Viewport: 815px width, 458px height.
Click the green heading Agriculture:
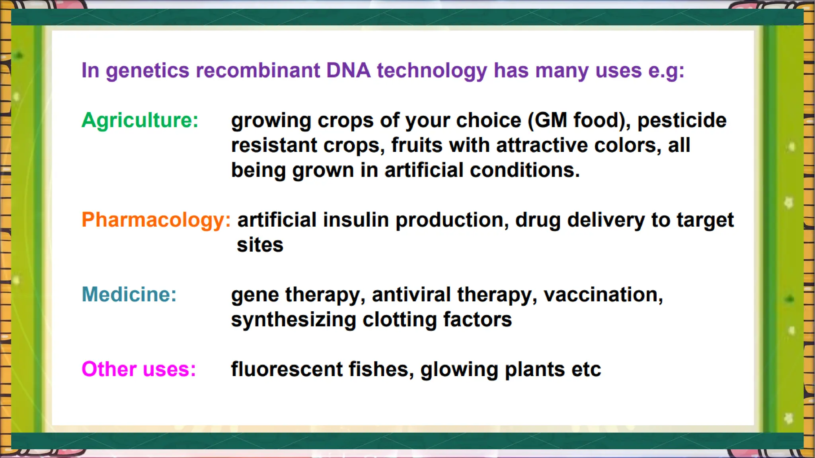[140, 120]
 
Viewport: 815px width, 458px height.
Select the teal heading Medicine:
[129, 294]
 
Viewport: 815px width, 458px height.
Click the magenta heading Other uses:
[138, 369]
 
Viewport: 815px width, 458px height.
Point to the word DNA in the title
[348, 70]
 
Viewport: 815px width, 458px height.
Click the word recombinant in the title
[258, 70]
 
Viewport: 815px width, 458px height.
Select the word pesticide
[682, 120]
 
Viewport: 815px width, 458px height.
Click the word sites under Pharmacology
[260, 245]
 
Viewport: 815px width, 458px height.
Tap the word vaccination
[603, 295]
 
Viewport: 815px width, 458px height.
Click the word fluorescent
[287, 369]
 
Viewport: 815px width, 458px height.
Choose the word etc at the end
[586, 369]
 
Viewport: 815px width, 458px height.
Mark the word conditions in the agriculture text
[524, 170]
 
